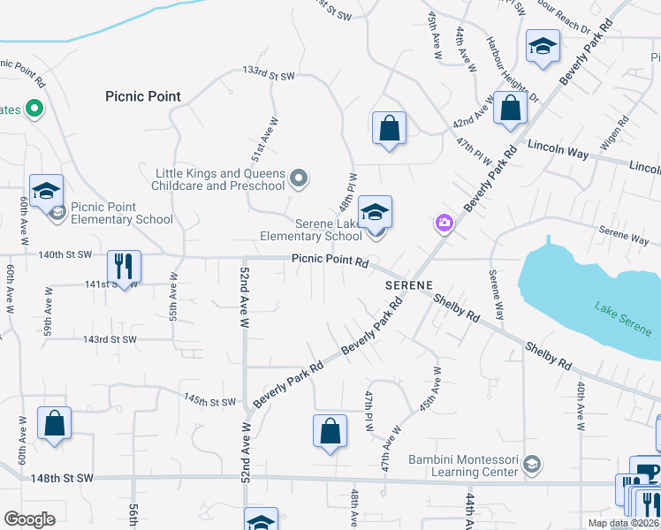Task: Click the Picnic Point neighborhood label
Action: [x=142, y=96]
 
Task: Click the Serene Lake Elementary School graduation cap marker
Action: [x=376, y=213]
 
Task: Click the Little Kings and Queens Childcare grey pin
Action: [x=299, y=179]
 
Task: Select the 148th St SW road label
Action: [x=65, y=478]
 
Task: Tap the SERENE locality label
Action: [x=408, y=286]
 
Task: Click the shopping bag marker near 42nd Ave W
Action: [x=511, y=110]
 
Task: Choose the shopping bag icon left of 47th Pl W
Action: [x=330, y=432]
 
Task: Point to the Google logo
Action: [x=29, y=519]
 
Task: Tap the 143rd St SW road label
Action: [x=110, y=339]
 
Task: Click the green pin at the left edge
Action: [x=34, y=109]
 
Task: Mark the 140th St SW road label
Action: [x=65, y=254]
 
